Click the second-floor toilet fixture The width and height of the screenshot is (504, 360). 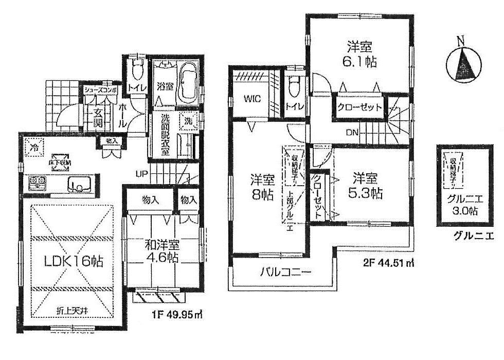(294, 87)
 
